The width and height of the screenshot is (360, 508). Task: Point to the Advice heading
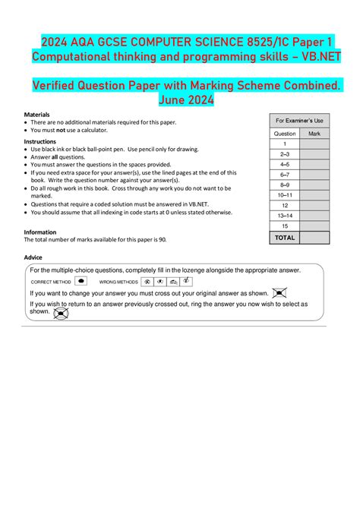[x=33, y=257]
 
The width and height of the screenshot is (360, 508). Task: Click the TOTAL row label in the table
[x=285, y=238]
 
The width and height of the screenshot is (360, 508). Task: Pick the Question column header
[x=285, y=134]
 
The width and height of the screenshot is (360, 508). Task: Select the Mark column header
[x=314, y=134]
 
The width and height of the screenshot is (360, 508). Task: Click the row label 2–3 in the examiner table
[x=285, y=153]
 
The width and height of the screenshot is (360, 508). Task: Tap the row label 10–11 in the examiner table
[x=285, y=195]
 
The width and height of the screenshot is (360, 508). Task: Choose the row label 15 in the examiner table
[x=285, y=226]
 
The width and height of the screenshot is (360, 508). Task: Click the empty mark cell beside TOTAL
[x=314, y=238]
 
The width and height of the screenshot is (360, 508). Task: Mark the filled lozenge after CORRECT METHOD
[x=81, y=281]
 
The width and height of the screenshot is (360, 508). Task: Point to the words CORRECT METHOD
[x=51, y=282]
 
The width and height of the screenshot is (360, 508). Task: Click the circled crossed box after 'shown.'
[x=62, y=312]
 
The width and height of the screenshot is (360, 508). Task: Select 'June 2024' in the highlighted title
[x=180, y=100]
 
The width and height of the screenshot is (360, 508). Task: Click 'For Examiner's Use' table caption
[x=299, y=121]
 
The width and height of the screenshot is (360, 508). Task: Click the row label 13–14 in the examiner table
[x=285, y=216]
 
